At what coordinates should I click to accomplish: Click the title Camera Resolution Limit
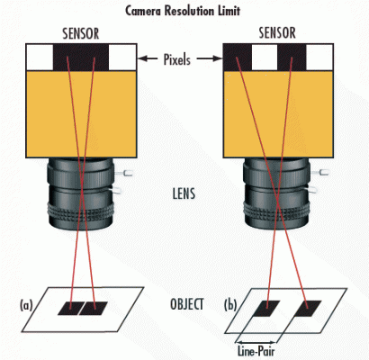tap(185, 10)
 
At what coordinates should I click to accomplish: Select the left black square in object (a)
tap(69, 309)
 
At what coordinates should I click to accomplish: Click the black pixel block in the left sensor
tap(81, 58)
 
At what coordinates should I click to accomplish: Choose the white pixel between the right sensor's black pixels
tap(265, 58)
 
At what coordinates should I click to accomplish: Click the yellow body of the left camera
tap(81, 112)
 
